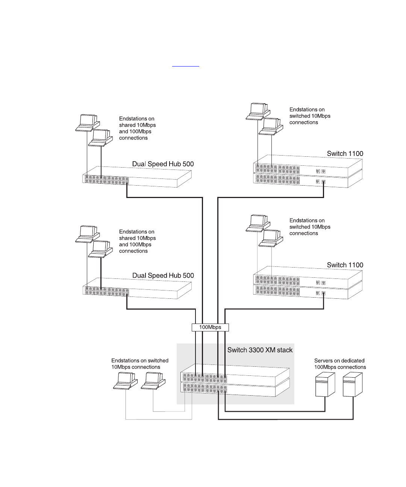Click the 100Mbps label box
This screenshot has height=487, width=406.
click(210, 327)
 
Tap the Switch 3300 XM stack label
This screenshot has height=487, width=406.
click(260, 350)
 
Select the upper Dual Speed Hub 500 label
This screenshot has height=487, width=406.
click(163, 164)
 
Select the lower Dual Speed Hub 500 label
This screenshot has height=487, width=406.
click(163, 276)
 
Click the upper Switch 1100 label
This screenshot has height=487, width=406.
click(345, 154)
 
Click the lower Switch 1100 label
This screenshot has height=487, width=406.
click(345, 265)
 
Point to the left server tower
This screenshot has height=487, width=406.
click(325, 384)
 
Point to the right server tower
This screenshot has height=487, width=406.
click(353, 384)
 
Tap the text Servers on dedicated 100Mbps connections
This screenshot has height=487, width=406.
click(340, 364)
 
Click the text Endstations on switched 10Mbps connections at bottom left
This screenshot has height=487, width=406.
click(140, 364)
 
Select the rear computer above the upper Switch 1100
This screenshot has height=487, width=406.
click(258, 112)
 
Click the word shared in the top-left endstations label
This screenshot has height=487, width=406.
click(127, 125)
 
